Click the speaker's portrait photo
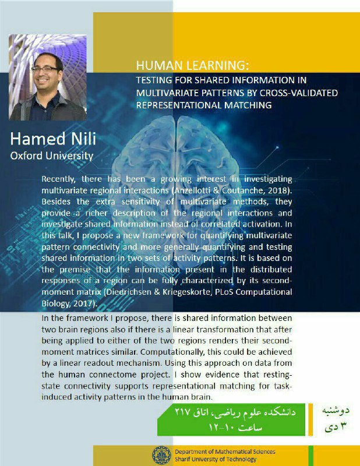pos(48,77)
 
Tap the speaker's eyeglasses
pos(45,69)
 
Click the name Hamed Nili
pos(53,139)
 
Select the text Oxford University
pos(52,156)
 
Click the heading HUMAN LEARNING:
pos(192,65)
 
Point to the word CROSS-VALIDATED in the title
pos(299,93)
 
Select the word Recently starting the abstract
pos(58,179)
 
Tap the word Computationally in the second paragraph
pos(172,352)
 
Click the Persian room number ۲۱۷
pos(182,412)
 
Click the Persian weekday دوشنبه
pos(336,411)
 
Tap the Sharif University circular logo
pos(161,456)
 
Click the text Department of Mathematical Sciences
pos(225,452)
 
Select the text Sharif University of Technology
pos(216,459)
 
